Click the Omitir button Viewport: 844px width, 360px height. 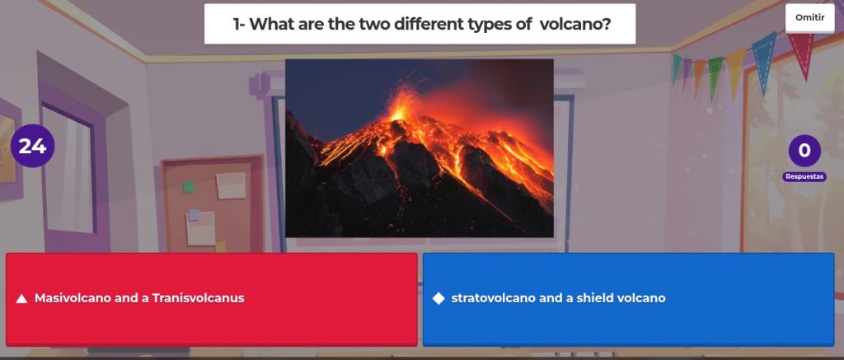click(x=809, y=18)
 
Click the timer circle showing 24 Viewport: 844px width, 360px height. click(x=32, y=146)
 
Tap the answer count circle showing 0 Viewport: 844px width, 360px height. click(x=804, y=151)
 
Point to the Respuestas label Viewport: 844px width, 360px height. click(x=804, y=176)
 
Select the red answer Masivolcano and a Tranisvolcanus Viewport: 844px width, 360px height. click(x=212, y=299)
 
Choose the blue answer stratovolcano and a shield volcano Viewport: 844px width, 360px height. click(x=628, y=299)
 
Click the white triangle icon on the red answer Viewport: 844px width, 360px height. click(x=21, y=298)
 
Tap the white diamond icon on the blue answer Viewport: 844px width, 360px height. click(x=438, y=298)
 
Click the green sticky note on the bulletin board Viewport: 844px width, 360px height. click(x=189, y=187)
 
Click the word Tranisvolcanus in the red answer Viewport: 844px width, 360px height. click(x=198, y=298)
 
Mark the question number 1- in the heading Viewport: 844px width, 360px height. click(x=239, y=24)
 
